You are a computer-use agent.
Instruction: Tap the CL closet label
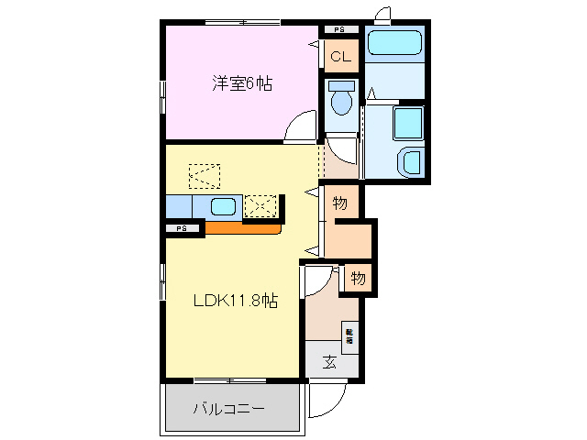[x=340, y=57]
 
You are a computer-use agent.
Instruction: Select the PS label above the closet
[x=339, y=30]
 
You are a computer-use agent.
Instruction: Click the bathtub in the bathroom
[x=393, y=43]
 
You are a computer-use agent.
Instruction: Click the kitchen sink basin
[x=223, y=206]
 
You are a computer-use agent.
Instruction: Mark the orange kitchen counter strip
[x=242, y=228]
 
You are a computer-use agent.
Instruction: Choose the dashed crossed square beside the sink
[x=260, y=206]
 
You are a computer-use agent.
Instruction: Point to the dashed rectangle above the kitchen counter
[x=205, y=173]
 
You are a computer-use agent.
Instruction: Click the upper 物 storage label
[x=339, y=203]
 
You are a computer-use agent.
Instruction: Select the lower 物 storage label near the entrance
[x=357, y=277]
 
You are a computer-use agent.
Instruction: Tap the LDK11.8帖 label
[x=235, y=301]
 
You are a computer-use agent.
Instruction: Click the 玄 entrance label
[x=328, y=361]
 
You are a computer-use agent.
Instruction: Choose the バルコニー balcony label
[x=229, y=408]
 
